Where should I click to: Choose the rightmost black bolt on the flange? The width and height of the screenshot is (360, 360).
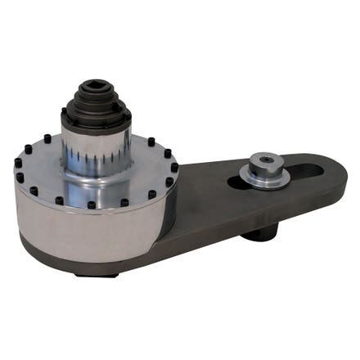[173, 168]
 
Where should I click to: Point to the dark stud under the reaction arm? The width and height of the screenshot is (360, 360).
[260, 233]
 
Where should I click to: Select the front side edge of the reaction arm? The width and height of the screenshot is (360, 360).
[270, 214]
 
